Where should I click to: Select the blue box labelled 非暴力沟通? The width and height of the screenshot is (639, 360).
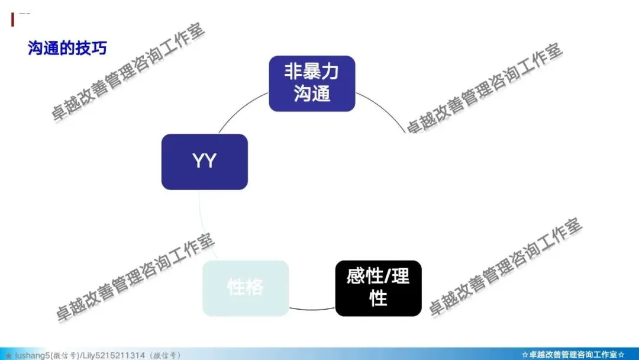coord(312,83)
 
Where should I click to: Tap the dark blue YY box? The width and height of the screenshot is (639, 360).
coord(204,162)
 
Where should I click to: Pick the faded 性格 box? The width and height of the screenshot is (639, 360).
coord(246,288)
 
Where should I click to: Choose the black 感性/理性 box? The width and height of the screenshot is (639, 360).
coord(378,288)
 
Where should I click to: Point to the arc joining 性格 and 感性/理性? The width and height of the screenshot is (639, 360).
coord(312,309)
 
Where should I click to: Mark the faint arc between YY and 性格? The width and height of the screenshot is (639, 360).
coord(201,225)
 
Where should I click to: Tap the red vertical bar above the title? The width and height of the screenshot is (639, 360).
coord(12,19)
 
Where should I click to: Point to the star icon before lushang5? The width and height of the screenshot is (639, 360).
coord(8,355)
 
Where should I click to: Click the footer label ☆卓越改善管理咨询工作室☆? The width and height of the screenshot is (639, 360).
coord(573,355)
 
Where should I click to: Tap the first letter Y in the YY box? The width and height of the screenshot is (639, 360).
coord(198,162)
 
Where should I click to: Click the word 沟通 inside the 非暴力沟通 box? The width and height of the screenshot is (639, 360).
coord(312,94)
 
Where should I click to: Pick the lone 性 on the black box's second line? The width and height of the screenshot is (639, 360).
coord(378,298)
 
